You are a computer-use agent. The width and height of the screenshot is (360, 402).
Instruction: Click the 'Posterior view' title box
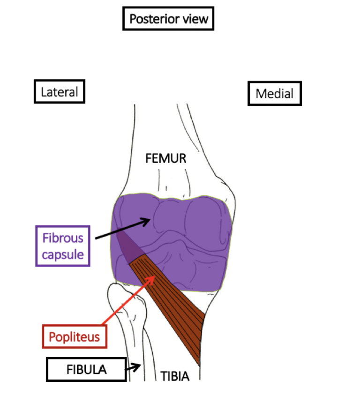pos(168,19)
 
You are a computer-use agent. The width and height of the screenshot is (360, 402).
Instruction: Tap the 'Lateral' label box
pos(59,91)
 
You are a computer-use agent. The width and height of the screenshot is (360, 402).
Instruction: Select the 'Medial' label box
pos(274,94)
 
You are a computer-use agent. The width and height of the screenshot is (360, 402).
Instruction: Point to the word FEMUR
pos(166,158)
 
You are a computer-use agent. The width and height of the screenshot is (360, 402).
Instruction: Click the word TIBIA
pos(175,376)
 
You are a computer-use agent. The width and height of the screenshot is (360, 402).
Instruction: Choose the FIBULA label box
pos(86,370)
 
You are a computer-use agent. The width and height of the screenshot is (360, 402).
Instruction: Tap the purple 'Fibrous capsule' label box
pos(62,246)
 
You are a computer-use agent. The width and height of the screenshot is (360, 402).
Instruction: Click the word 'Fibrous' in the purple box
pos(62,238)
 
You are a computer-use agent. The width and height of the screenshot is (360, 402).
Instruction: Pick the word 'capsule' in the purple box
pos(62,254)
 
